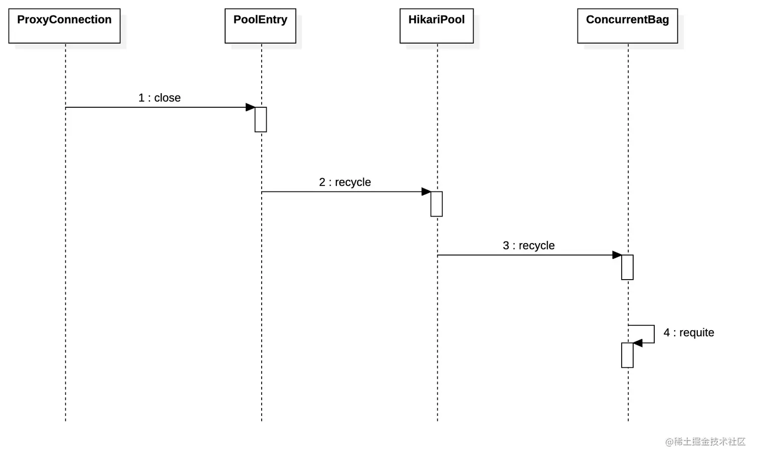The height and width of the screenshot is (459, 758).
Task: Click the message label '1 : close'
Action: [159, 98]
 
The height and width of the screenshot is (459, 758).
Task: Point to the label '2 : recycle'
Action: [345, 182]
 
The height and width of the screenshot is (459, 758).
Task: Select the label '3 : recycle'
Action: [528, 246]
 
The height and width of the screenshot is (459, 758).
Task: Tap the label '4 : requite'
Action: [689, 333]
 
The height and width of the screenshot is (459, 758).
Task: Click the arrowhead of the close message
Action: [251, 107]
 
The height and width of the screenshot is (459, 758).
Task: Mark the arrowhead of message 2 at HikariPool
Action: [426, 192]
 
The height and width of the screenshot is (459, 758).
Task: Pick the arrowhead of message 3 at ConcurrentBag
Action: [617, 255]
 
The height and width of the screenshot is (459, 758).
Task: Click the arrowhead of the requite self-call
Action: [638, 343]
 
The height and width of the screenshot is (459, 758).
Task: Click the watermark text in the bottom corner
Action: [705, 442]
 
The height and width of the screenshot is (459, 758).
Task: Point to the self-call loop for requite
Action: [654, 334]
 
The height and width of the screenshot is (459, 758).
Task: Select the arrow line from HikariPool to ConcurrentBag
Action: [529, 255]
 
